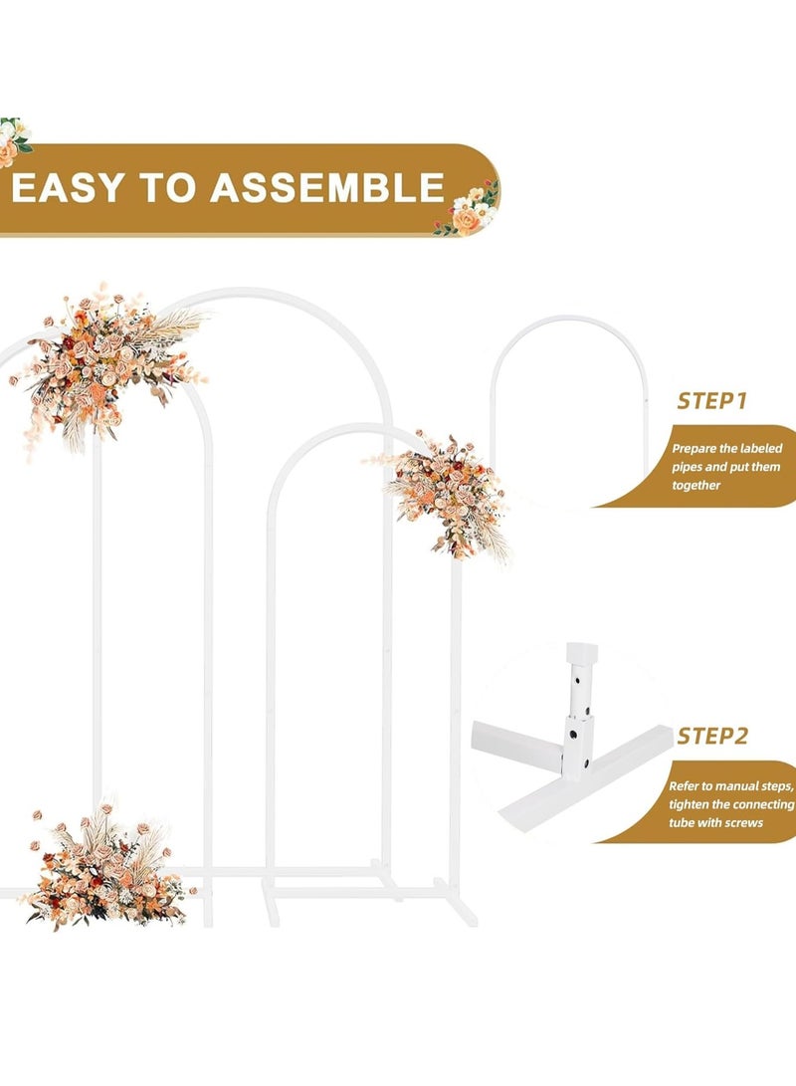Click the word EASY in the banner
[x=68, y=188]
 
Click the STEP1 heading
[x=711, y=401]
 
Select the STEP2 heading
[x=712, y=736]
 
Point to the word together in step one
[x=696, y=486]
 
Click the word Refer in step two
[x=684, y=786]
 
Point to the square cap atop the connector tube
[x=581, y=652]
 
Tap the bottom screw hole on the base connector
[x=586, y=763]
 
